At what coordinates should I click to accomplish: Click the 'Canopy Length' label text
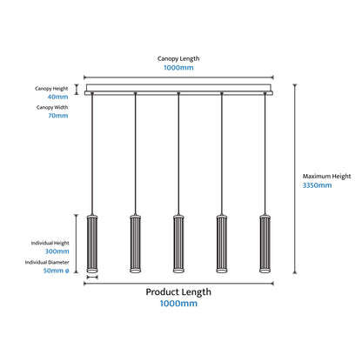(x=178, y=58)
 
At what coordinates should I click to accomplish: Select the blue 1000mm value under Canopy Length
(x=178, y=68)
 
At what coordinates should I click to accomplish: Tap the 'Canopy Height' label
(x=51, y=89)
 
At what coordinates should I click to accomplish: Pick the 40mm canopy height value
(x=57, y=97)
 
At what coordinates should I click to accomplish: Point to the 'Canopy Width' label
(x=52, y=107)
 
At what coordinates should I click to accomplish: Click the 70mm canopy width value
(x=58, y=116)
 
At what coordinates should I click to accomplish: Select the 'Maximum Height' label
(x=326, y=177)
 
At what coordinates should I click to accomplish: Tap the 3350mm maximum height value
(x=317, y=185)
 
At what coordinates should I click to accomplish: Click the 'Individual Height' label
(x=50, y=243)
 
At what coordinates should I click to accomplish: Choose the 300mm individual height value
(x=57, y=251)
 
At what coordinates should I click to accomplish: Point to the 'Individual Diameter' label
(x=47, y=262)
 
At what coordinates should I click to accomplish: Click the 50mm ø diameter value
(x=57, y=271)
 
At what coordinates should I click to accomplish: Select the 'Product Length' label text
(x=178, y=292)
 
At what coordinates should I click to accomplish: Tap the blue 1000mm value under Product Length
(x=178, y=304)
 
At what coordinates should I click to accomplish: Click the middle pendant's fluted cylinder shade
(x=178, y=244)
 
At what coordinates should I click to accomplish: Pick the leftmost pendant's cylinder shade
(x=92, y=244)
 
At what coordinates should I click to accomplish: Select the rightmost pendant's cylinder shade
(x=265, y=244)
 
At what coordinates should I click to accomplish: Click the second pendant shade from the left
(x=135, y=244)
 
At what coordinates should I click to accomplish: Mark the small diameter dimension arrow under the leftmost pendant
(x=92, y=278)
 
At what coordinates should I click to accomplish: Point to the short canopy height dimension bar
(x=77, y=90)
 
